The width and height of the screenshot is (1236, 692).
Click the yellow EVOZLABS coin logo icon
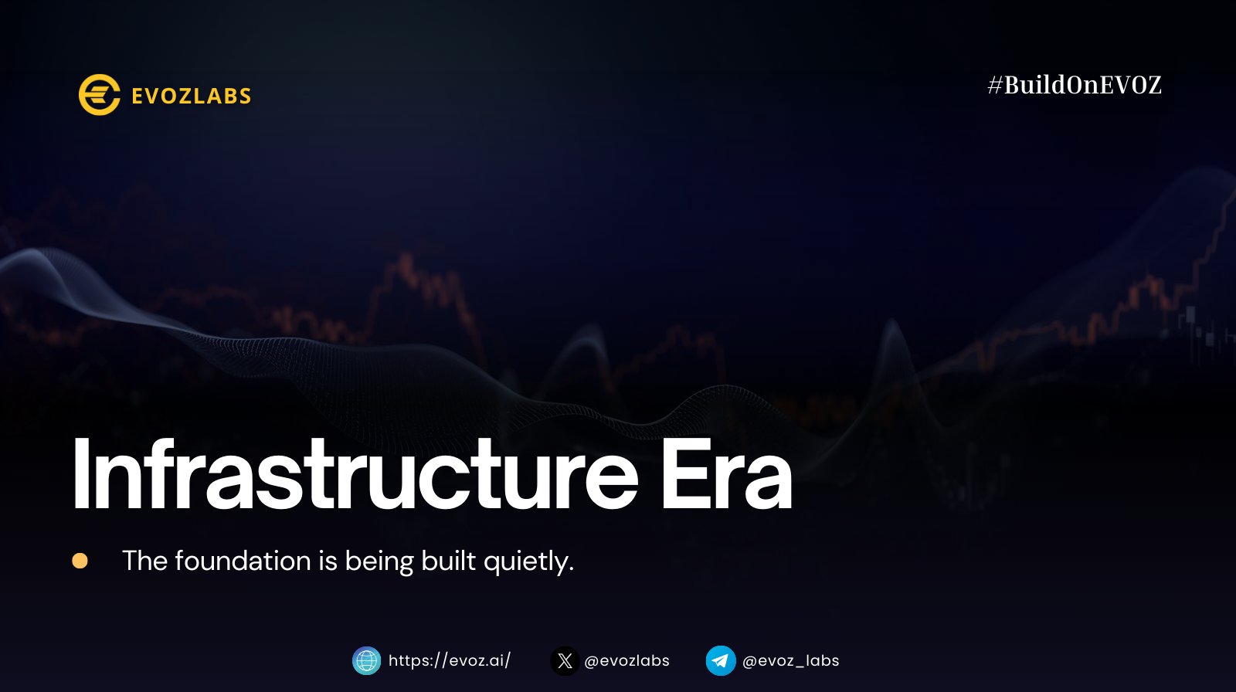pyautogui.click(x=100, y=95)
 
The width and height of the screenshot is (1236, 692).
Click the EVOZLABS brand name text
pyautogui.click(x=192, y=96)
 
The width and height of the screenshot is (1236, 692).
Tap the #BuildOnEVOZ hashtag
pyautogui.click(x=1075, y=85)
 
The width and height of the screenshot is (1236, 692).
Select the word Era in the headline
pyautogui.click(x=727, y=474)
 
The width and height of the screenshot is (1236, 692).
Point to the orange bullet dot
pyautogui.click(x=80, y=561)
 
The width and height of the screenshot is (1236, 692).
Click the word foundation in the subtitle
pyautogui.click(x=243, y=561)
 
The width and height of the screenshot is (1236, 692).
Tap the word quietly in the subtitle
pyautogui.click(x=528, y=562)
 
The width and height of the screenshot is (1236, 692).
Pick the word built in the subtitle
pyautogui.click(x=449, y=561)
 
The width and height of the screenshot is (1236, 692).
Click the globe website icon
pyautogui.click(x=366, y=660)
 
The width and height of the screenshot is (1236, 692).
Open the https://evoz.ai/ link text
pyautogui.click(x=450, y=660)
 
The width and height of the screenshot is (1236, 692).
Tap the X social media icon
pyautogui.click(x=565, y=660)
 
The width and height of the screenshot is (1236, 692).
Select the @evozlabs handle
pyautogui.click(x=626, y=660)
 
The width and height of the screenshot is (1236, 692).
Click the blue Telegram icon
pyautogui.click(x=721, y=660)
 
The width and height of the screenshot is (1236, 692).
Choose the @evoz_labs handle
pyautogui.click(x=791, y=661)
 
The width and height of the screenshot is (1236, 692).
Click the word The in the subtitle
pyautogui.click(x=144, y=561)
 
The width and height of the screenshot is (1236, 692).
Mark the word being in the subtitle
pyautogui.click(x=379, y=562)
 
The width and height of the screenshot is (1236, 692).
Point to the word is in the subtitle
pyautogui.click(x=328, y=561)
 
